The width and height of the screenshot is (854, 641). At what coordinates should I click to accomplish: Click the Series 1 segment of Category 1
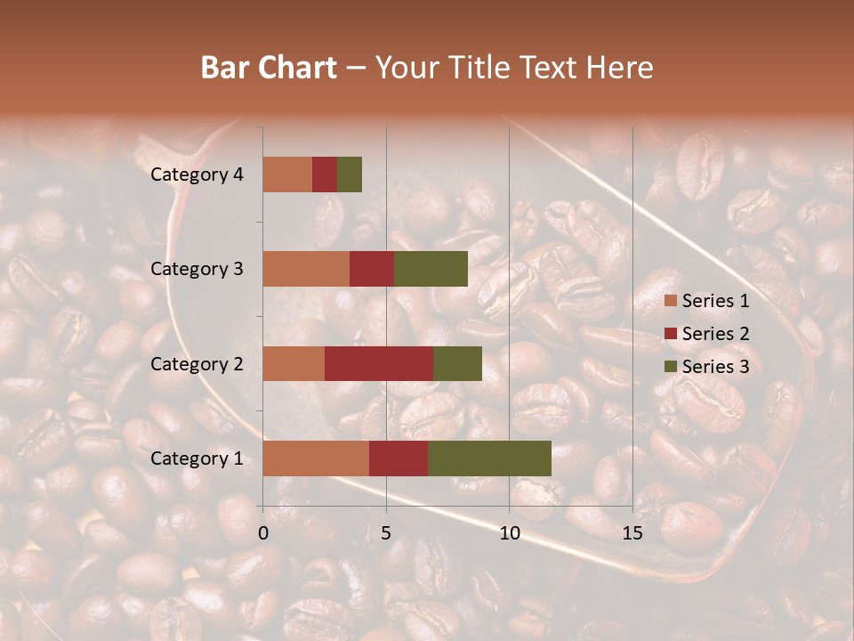[316, 458]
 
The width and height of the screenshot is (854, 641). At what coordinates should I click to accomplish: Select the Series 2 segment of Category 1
[399, 458]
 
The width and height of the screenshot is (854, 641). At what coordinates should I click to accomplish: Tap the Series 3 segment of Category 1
[489, 458]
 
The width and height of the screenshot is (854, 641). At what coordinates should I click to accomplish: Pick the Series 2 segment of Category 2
[379, 363]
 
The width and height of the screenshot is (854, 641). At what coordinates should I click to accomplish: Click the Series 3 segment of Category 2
[457, 363]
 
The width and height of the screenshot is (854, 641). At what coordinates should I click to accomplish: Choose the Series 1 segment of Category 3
[306, 269]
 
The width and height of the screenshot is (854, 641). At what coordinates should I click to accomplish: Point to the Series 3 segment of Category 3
[431, 269]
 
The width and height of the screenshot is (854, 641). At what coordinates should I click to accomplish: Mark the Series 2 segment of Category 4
[325, 174]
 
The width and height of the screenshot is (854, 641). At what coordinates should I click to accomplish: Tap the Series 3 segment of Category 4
[350, 174]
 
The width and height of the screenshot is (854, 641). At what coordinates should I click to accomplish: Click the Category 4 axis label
[197, 174]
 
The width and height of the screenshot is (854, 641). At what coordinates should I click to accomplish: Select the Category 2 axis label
[197, 363]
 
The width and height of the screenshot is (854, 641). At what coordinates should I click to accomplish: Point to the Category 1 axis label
[197, 458]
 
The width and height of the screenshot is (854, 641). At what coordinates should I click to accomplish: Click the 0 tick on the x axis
[263, 533]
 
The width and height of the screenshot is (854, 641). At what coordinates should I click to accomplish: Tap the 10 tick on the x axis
[509, 533]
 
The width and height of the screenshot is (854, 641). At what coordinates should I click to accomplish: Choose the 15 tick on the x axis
[632, 533]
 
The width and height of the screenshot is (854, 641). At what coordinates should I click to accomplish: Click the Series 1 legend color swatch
[671, 301]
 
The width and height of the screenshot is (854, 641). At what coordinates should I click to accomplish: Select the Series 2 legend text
[715, 334]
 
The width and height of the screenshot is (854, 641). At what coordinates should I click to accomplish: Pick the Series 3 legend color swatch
[671, 367]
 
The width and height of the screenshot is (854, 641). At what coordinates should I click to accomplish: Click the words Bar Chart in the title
[268, 68]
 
